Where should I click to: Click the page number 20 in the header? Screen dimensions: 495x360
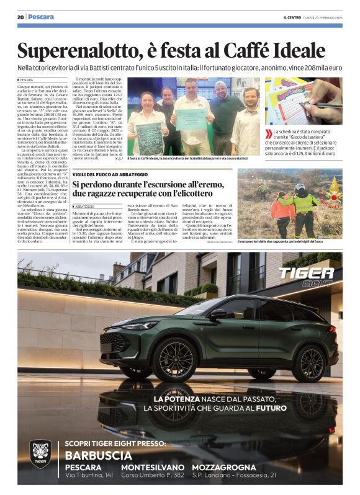tap(20, 17)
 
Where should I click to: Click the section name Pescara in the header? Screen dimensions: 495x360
tap(41, 17)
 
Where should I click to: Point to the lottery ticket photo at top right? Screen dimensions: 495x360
tap(303, 100)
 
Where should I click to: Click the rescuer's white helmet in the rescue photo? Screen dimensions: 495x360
tap(300, 187)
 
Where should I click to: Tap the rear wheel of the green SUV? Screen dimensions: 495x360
tap(308, 362)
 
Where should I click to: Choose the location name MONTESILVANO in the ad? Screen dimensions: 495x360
tap(153, 467)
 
